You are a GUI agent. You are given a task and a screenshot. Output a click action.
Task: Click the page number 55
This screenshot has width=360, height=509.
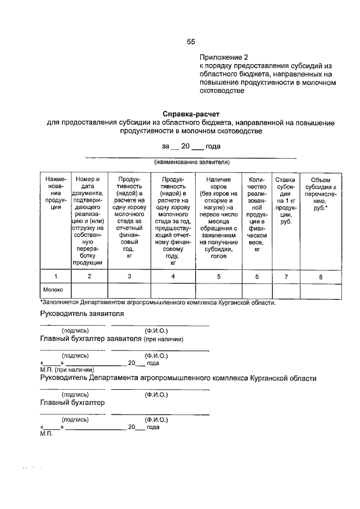coord(191,42)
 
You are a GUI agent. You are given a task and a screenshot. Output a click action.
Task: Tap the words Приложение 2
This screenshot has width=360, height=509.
coord(223,57)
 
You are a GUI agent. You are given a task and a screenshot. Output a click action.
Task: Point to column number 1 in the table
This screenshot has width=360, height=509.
coord(55,276)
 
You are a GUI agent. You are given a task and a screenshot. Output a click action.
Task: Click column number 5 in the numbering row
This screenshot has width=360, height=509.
coord(218,276)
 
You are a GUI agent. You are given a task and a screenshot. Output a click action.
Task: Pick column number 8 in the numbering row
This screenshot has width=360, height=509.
coord(321,276)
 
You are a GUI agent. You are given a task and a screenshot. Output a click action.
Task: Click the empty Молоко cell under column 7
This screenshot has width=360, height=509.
coord(286,290)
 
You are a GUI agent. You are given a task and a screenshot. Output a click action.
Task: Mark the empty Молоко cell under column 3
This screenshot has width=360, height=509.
coord(129,290)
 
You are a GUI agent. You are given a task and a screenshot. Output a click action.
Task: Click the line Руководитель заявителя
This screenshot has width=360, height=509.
coord(82,313)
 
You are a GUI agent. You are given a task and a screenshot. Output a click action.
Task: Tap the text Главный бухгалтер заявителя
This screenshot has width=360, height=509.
coord(96,339)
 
